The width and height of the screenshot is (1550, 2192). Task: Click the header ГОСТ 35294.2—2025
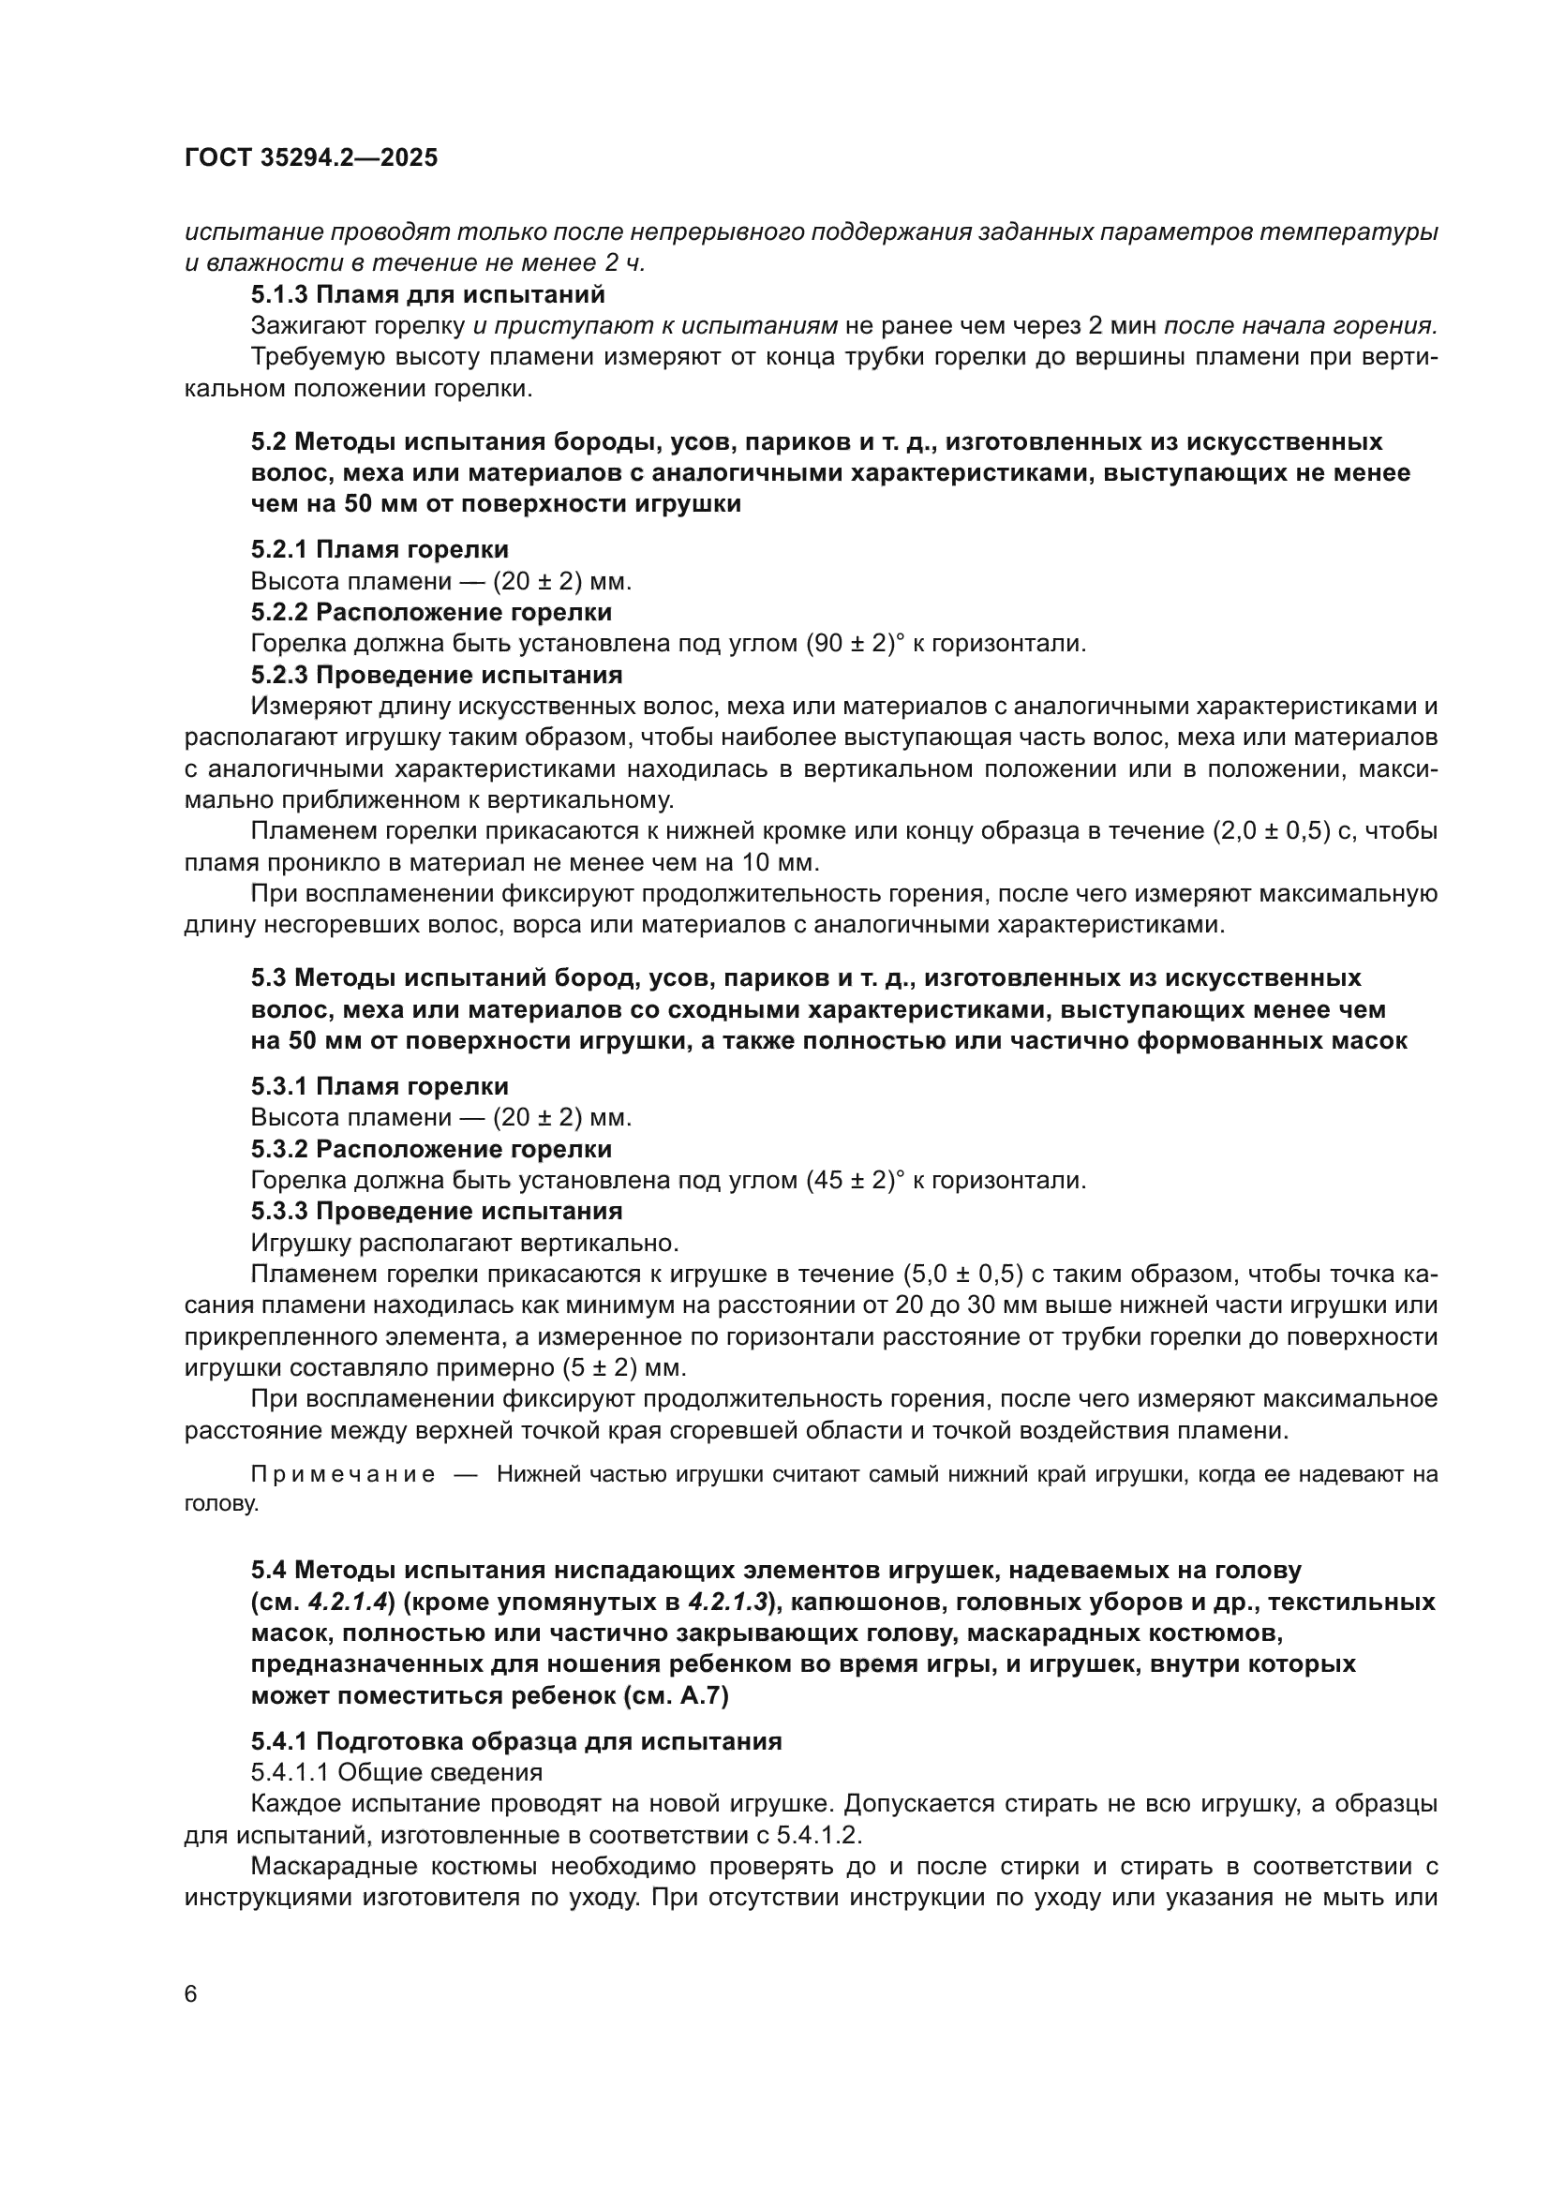point(311,157)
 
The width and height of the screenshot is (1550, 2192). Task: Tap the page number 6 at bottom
point(191,1993)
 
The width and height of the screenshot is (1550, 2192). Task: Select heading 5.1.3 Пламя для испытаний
point(427,294)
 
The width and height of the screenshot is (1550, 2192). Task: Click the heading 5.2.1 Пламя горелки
point(380,549)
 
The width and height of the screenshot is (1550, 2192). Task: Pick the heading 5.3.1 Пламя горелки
point(380,1085)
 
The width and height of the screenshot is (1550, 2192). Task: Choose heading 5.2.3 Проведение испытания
point(436,675)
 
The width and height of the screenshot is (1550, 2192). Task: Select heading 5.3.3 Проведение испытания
point(436,1212)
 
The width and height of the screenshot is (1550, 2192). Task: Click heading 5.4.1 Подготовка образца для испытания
point(516,1741)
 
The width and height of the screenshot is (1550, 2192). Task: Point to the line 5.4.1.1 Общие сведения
point(396,1773)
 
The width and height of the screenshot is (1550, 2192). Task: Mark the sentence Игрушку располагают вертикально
point(465,1243)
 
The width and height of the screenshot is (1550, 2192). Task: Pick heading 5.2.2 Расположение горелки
point(431,612)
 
